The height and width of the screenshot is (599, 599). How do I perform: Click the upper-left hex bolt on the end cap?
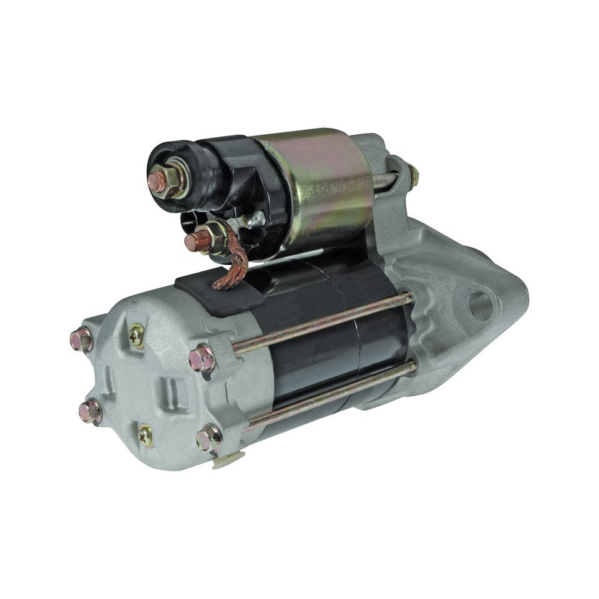pos(82,339)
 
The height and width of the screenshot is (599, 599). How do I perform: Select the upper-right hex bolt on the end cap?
pos(202,358)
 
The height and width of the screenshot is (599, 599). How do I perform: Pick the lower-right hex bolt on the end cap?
pos(209,438)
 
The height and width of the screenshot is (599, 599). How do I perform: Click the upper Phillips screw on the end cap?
pos(137,336)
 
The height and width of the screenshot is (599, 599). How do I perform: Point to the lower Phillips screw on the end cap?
pos(145,435)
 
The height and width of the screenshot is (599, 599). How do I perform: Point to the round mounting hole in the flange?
pos(481,306)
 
